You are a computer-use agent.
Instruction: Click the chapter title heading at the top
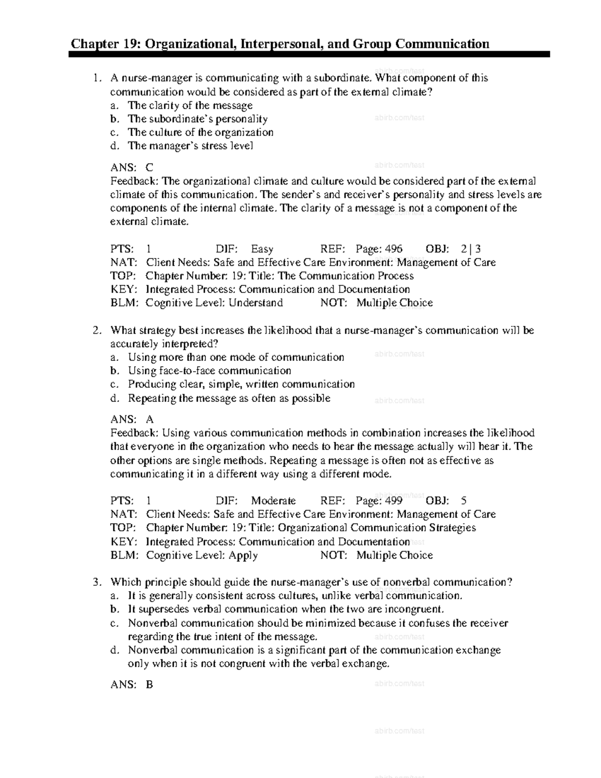tap(280, 44)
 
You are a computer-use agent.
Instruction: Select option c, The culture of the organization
tap(200, 132)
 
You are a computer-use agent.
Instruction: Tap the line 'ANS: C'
tap(132, 167)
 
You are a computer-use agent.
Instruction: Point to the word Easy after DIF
tap(262, 249)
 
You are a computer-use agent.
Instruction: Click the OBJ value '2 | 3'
tap(471, 249)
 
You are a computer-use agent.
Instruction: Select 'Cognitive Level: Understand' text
tap(214, 303)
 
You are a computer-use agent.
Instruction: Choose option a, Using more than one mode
tap(236, 357)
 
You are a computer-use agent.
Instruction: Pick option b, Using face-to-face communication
tap(209, 371)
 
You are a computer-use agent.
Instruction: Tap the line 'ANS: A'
tap(132, 419)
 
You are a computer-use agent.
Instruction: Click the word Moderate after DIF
tap(273, 501)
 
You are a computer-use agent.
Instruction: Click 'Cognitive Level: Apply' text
tap(202, 555)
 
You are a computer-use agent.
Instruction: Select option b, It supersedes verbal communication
tap(286, 609)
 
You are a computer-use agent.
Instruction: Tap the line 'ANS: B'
tap(132, 684)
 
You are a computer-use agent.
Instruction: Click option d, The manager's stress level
tap(190, 146)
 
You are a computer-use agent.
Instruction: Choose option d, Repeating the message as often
tap(229, 398)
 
